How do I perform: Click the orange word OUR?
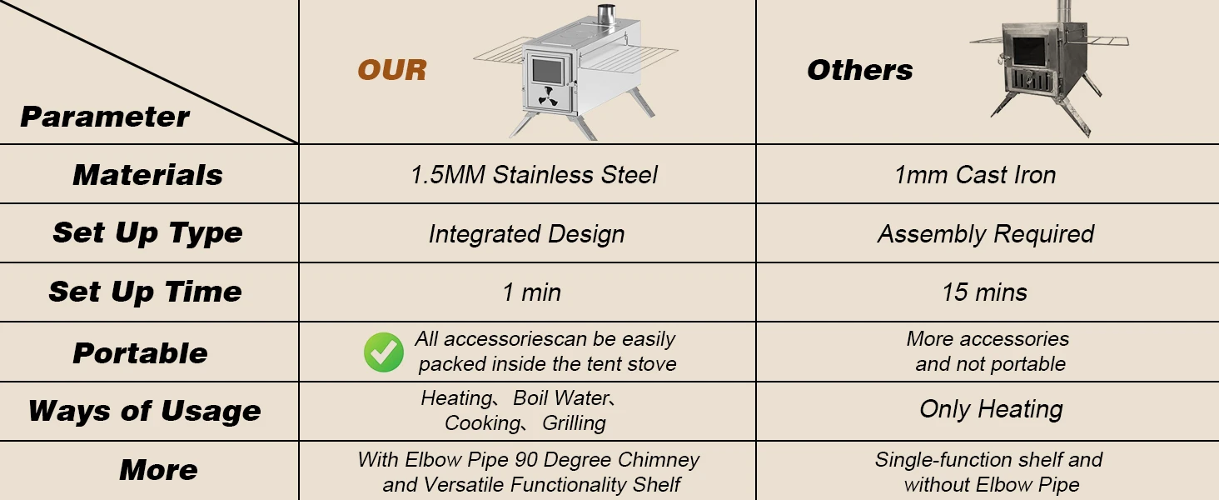click(x=392, y=70)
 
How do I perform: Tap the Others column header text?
click(x=860, y=70)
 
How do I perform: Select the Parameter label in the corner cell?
click(x=105, y=117)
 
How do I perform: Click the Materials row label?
click(x=147, y=175)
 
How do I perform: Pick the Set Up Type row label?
click(x=147, y=233)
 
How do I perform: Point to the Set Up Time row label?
click(x=146, y=292)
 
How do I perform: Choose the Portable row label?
click(x=141, y=353)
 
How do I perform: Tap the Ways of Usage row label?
click(x=145, y=411)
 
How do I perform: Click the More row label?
click(x=158, y=469)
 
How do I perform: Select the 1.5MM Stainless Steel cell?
click(x=534, y=175)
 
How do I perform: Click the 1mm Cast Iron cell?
click(x=975, y=175)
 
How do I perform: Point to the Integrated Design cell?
click(x=527, y=234)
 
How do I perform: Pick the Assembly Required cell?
click(x=986, y=234)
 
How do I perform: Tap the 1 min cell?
click(x=532, y=292)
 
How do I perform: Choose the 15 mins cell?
click(x=985, y=292)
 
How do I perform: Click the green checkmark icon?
click(x=384, y=352)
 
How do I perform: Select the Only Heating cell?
click(x=991, y=409)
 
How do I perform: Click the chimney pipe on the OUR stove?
click(x=606, y=14)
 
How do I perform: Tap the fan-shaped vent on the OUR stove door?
click(x=547, y=97)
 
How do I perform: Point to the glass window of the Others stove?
click(x=1028, y=51)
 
